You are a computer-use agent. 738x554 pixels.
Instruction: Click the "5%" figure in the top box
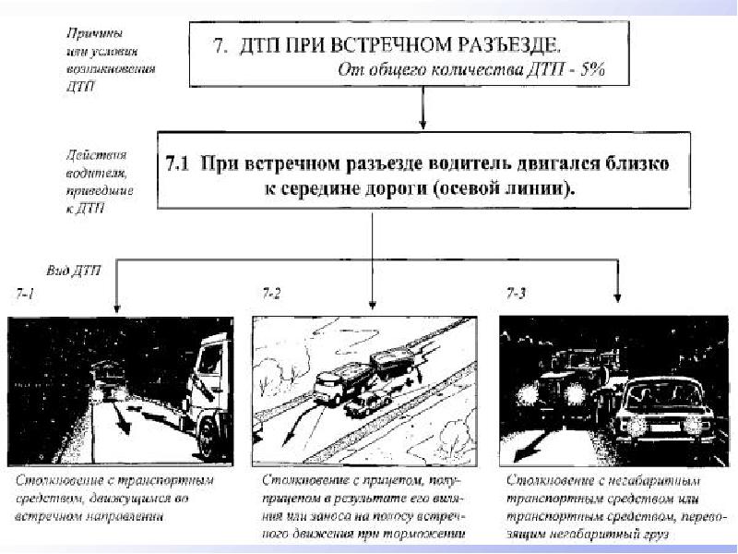(x=588, y=68)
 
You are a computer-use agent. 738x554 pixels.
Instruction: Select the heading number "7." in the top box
(x=220, y=44)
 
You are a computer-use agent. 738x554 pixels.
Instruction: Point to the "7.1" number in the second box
(x=177, y=164)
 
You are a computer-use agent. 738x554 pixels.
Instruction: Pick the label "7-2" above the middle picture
(x=271, y=294)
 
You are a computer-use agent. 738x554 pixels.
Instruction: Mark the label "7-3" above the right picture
(x=517, y=294)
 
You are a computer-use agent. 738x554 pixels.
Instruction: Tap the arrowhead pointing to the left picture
(x=116, y=309)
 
